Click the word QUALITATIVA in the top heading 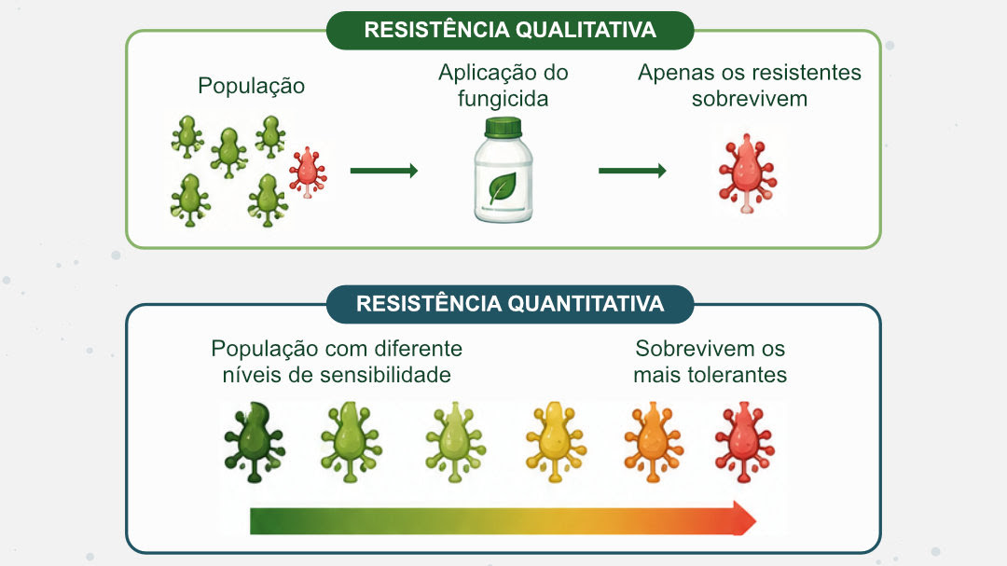coord(586,30)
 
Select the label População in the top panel coord(251,86)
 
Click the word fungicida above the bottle coord(503,99)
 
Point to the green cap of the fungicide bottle coord(503,127)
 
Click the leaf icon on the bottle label coord(503,188)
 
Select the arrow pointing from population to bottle coord(384,171)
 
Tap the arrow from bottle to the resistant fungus coord(632,171)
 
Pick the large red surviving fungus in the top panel coord(747,173)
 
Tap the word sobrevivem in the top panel coord(750,99)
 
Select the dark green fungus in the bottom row coord(255,442)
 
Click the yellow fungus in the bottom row coord(556,442)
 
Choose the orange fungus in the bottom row coord(653,442)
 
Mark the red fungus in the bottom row coord(745,442)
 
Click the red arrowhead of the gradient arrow coord(744,518)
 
